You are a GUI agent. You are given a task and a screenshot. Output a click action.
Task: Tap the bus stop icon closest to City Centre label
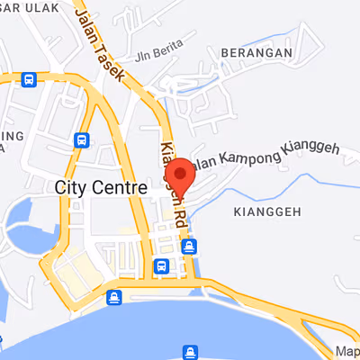pos(82,140)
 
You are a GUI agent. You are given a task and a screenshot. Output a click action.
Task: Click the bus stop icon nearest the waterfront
pos(161,265)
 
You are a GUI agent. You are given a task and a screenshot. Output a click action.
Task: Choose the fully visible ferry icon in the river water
pos(190,351)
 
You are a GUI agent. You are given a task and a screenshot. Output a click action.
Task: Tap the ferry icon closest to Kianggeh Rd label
pos(189,246)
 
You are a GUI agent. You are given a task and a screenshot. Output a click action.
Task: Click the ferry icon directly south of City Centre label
pos(114,297)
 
